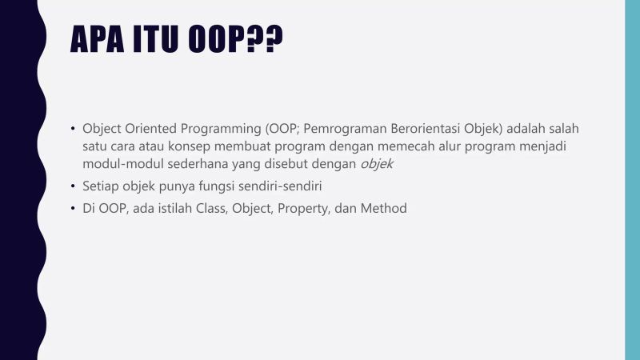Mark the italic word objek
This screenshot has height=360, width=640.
(377, 164)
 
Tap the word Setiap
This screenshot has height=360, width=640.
(100, 186)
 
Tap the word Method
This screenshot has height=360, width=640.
(384, 209)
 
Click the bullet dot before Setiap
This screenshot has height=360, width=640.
(72, 186)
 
